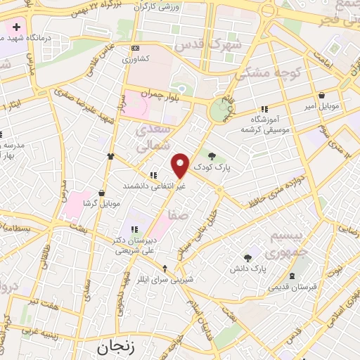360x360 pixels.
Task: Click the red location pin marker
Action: pos(181,165)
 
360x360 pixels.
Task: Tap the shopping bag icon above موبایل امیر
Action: pos(321,95)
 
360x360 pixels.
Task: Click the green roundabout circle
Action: pos(222,110)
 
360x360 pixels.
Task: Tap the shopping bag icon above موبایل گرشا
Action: pos(103,192)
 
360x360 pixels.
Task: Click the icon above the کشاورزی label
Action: pos(134,47)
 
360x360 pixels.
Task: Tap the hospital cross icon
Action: pos(15,27)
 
